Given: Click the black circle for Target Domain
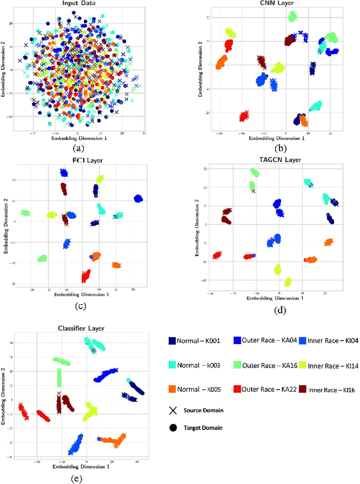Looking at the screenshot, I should click(174, 428).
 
